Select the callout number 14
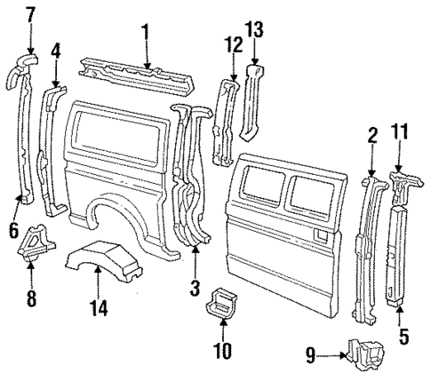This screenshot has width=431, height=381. pyautogui.click(x=101, y=308)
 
